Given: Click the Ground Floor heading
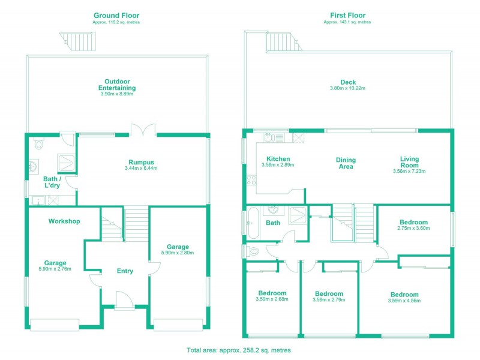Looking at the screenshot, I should [x=116, y=15].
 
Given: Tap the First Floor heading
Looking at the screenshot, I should [x=347, y=15].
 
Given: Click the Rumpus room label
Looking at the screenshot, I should [x=142, y=162].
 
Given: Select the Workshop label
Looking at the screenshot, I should [x=64, y=221].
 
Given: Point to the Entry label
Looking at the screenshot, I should [x=125, y=271].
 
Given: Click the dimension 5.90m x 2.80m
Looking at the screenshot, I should [x=178, y=253].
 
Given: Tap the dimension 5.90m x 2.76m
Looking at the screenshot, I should [x=55, y=269].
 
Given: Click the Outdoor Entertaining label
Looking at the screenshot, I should [x=116, y=85].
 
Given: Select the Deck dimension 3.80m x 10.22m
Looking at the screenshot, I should [x=347, y=88].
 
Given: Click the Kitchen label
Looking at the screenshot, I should [x=278, y=159].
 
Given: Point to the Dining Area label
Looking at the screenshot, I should [x=346, y=163].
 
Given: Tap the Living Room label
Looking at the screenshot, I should [x=410, y=163].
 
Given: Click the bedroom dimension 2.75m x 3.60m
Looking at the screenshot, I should [x=414, y=229].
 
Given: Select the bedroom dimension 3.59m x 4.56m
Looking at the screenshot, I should [x=404, y=301].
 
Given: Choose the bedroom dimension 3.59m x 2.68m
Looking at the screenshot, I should [x=272, y=299].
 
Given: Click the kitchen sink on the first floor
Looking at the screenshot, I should [x=270, y=137].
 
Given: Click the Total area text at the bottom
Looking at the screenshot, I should [x=239, y=349].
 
